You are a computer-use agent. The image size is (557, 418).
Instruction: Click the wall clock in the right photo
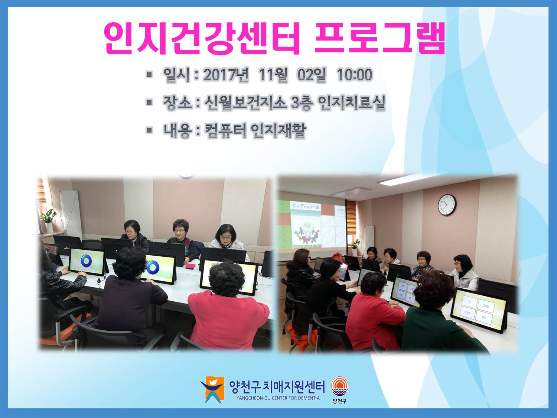tap(447, 205)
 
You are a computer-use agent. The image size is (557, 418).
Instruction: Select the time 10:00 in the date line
tap(354, 75)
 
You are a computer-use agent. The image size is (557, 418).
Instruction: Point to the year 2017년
tap(226, 75)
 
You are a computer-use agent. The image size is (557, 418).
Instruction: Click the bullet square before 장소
tap(149, 102)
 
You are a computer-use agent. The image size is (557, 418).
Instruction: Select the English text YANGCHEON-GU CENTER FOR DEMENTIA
tap(278, 398)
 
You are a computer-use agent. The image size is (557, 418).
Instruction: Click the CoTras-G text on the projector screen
tap(306, 206)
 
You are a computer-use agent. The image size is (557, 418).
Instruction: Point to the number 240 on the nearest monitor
tap(486, 306)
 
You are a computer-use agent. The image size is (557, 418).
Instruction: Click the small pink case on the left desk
tap(190, 266)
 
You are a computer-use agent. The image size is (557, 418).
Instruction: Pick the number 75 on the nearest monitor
tap(469, 302)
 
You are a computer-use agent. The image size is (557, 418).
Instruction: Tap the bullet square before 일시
tap(149, 75)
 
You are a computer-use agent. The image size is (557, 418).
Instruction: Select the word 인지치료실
tap(351, 103)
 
